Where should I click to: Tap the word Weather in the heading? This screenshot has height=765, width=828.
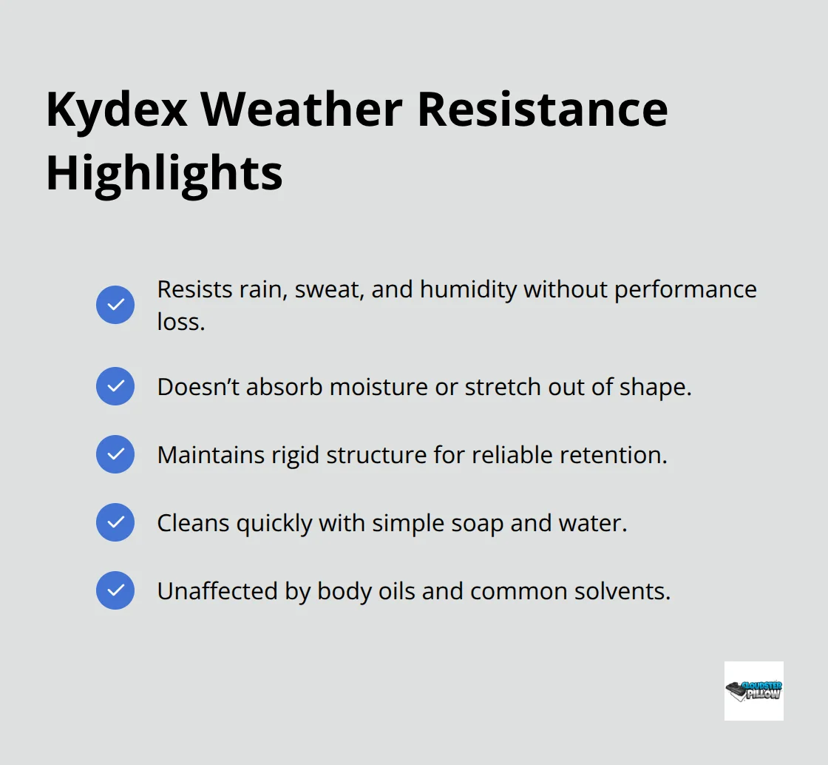(302, 109)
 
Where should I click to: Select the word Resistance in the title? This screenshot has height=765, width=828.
(542, 109)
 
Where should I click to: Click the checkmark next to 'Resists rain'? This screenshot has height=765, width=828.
(115, 305)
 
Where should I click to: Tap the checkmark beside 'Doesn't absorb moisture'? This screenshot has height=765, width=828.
(115, 386)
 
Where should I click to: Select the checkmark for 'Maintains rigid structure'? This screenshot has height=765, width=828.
(115, 454)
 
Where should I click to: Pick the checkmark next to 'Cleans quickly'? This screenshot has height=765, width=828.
(115, 522)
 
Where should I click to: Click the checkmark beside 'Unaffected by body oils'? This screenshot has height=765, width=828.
(115, 590)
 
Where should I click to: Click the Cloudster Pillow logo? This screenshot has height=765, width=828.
(753, 691)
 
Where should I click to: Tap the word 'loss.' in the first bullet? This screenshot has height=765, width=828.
(180, 321)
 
